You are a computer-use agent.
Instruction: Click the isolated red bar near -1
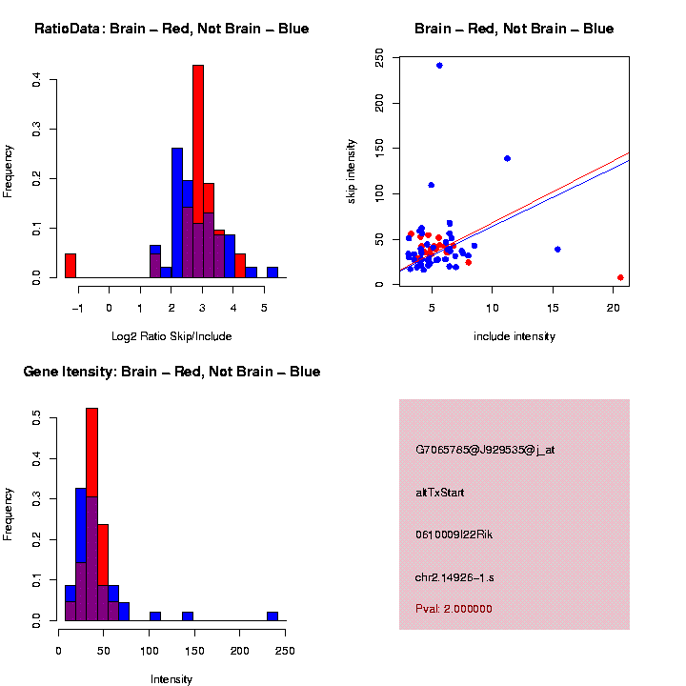pos(70,266)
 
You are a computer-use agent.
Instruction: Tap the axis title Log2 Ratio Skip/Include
pos(171,336)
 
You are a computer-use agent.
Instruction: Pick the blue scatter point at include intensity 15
pos(557,250)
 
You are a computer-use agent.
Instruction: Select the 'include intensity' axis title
pos(514,336)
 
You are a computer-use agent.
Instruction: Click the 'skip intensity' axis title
pos(351,170)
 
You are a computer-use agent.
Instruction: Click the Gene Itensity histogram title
pos(171,372)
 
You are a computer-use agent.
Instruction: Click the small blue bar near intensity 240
pos(272,615)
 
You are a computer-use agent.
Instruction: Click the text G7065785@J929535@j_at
pos(485,450)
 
